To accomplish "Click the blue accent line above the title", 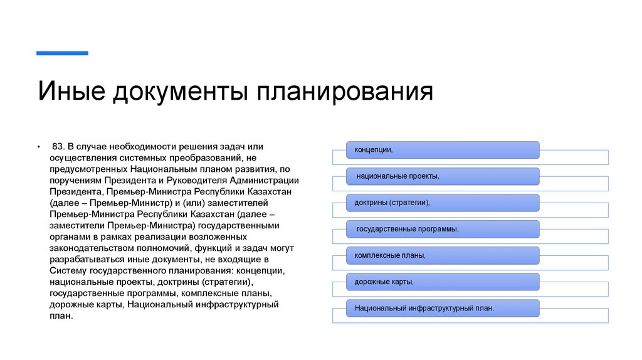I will tap(62, 53).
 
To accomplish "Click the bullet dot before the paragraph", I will tap(38, 147).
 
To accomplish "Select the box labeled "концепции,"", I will tap(443, 150).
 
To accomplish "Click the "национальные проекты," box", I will tap(443, 176).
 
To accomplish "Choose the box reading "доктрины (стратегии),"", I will tap(443, 203).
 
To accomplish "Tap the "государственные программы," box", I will tap(443, 229).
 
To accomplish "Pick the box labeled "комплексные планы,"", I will tap(443, 255).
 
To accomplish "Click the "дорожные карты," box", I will tap(443, 282).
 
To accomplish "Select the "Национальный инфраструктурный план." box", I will tap(443, 308).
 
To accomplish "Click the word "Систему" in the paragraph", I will tap(66, 270).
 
